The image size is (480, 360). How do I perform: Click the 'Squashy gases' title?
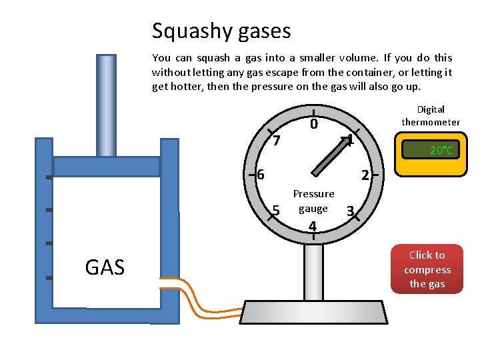(x=221, y=31)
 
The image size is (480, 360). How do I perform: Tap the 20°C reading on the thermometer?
(x=441, y=151)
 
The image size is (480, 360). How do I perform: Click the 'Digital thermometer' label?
(x=431, y=115)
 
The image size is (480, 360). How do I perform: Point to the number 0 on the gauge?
(x=313, y=125)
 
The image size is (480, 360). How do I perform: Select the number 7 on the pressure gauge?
(x=277, y=141)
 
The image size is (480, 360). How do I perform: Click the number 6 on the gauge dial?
(x=261, y=175)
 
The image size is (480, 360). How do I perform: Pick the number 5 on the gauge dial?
(x=276, y=211)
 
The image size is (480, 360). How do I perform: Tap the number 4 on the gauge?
(x=312, y=227)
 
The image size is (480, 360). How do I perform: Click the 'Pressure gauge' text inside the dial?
(x=313, y=201)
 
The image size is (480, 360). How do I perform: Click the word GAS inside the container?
(x=105, y=268)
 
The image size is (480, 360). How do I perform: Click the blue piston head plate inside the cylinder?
(x=106, y=166)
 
